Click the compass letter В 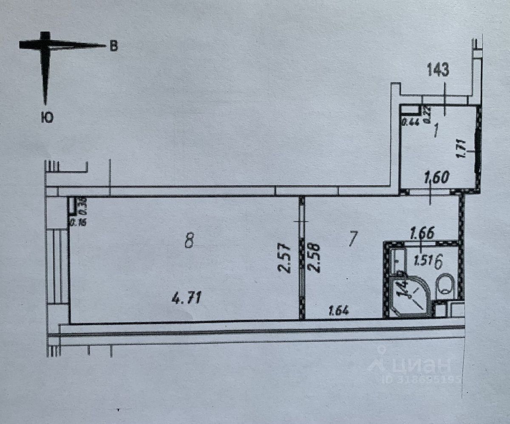click(x=113, y=46)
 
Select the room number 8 click(x=190, y=241)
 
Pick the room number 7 click(x=352, y=239)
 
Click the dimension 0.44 click(x=410, y=123)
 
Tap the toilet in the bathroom click(x=446, y=284)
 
